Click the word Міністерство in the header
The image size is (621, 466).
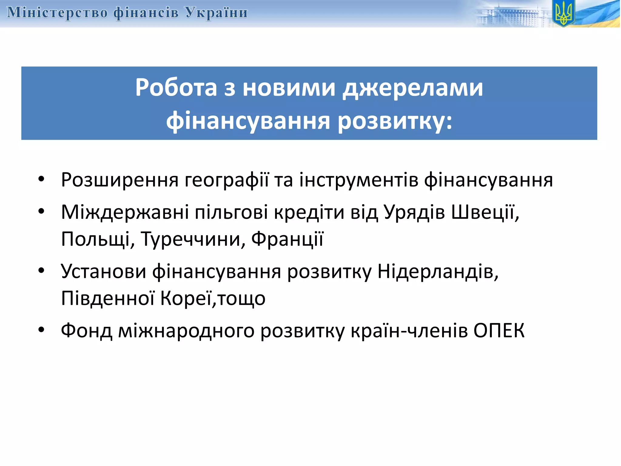57,13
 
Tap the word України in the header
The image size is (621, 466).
217,13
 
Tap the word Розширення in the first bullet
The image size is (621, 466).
120,180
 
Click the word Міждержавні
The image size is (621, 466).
125,212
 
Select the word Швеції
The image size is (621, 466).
485,212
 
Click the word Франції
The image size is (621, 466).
287,239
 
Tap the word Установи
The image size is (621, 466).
103,271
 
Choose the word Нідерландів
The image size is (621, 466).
438,271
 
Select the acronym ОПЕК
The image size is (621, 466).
499,331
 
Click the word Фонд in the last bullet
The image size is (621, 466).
86,331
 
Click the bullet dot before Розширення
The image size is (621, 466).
42,179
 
